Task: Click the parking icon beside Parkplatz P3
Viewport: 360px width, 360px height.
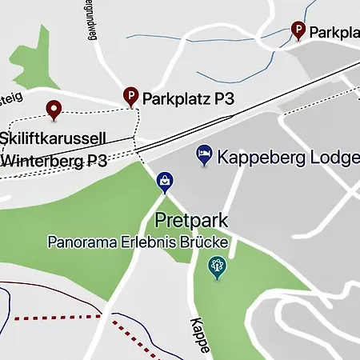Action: tap(130, 97)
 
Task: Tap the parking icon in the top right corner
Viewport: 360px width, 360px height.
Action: tap(298, 30)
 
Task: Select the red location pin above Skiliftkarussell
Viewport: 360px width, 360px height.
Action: tap(54, 110)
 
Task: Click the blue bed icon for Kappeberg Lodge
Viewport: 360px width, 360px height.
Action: tap(205, 155)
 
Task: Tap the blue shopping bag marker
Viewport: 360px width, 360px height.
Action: tap(165, 182)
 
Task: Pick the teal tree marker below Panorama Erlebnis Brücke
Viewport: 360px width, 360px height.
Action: tap(216, 266)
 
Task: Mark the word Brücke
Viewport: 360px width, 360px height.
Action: tap(210, 241)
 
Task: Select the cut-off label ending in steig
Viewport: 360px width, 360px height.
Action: tap(10, 97)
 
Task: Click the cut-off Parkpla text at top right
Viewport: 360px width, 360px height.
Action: tap(334, 33)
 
